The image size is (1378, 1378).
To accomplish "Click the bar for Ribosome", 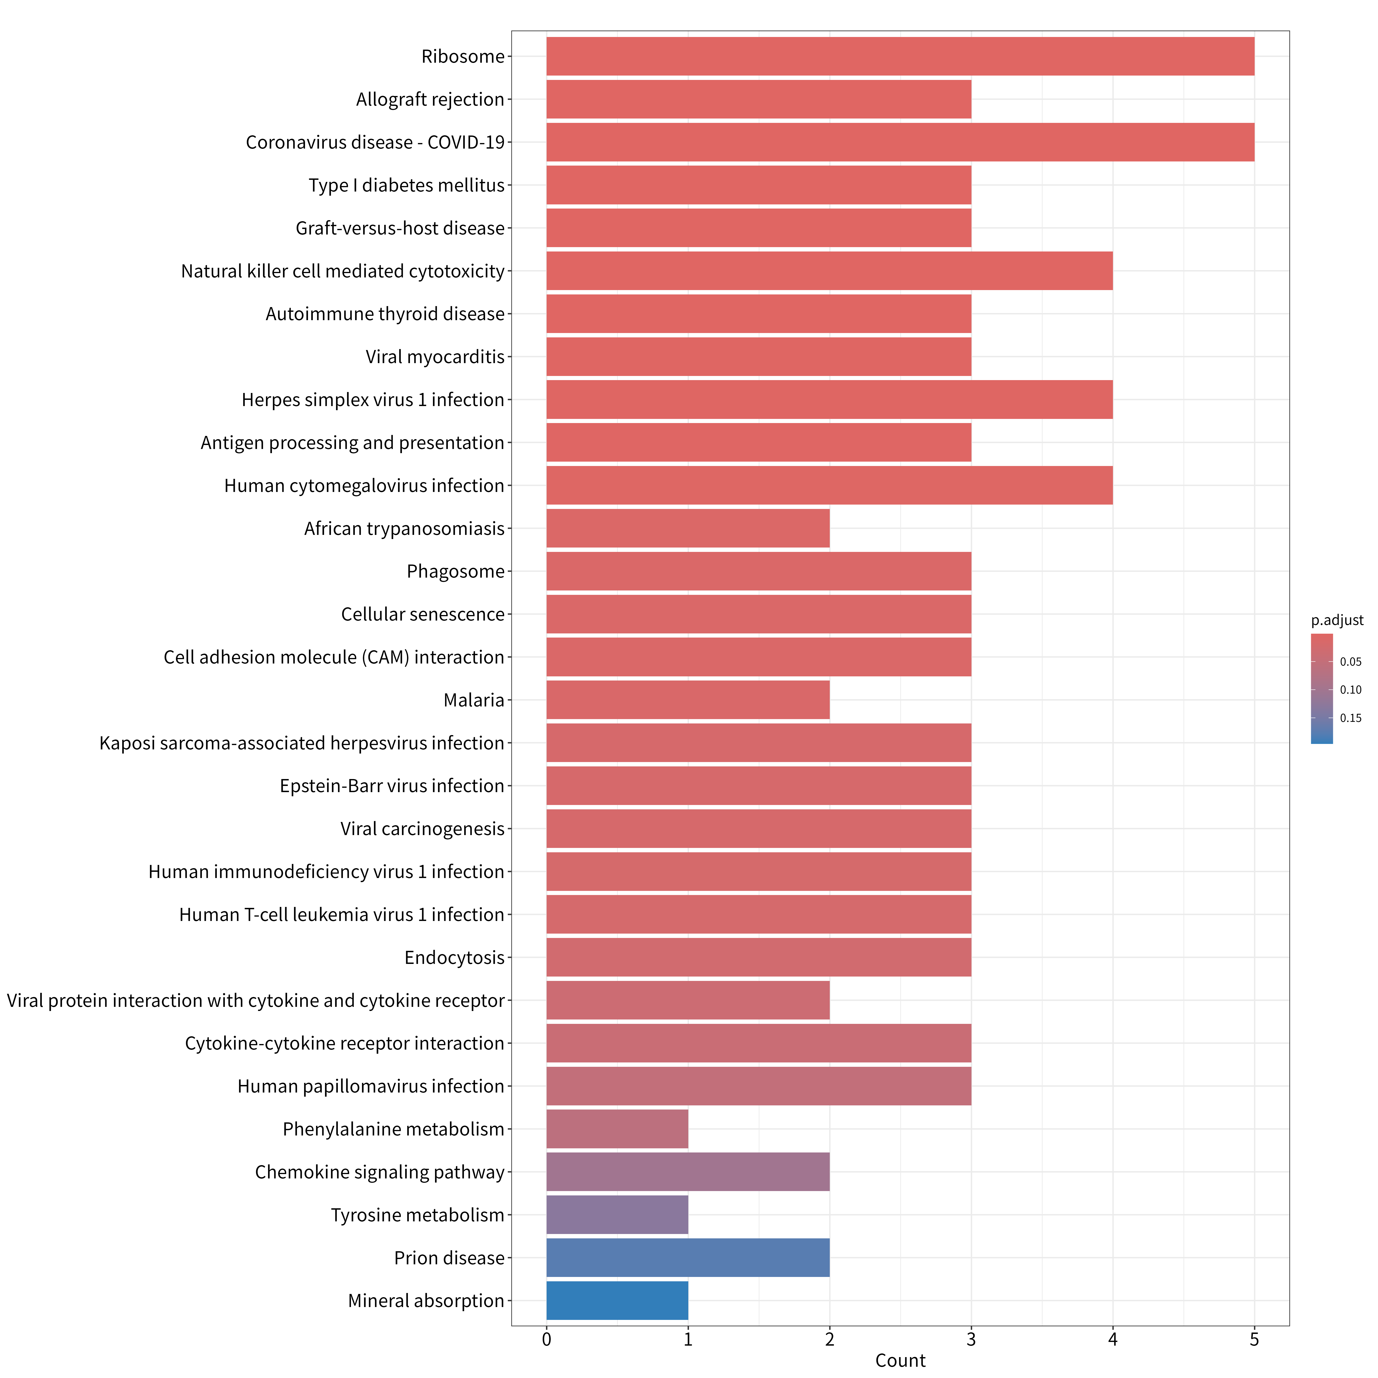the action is [900, 56].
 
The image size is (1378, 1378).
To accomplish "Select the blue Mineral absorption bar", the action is [617, 1301].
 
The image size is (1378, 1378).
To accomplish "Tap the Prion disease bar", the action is [688, 1258].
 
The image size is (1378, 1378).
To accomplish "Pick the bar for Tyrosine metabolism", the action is [617, 1215].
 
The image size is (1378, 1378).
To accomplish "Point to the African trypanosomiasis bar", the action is [688, 528].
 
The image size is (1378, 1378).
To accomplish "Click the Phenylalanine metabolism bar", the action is [617, 1129].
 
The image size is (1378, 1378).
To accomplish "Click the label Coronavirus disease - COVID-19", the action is [375, 143].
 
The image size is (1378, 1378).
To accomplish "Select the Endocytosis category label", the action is [454, 958].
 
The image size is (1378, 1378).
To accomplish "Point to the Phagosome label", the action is [456, 571].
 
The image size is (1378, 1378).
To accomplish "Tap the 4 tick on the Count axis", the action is [1113, 1339].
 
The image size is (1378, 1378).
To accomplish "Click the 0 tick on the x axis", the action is [546, 1339].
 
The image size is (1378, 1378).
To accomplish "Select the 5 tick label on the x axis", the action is [1255, 1339].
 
